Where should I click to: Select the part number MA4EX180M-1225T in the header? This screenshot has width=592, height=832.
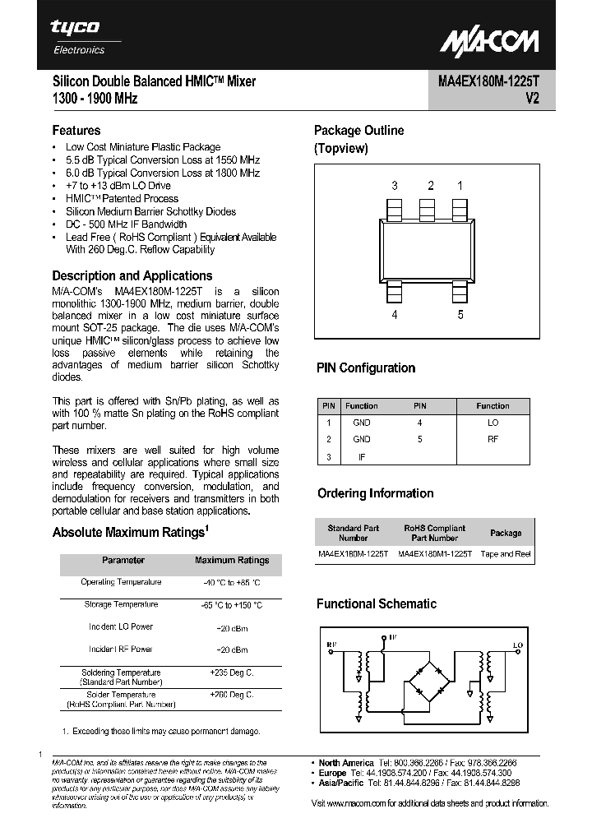(483, 81)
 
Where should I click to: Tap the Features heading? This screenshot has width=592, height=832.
(76, 131)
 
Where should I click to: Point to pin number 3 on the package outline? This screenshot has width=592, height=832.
(395, 186)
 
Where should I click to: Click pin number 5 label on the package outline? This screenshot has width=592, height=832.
(460, 314)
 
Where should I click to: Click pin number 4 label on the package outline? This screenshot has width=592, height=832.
(395, 314)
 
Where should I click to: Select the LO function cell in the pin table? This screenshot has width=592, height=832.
(493, 423)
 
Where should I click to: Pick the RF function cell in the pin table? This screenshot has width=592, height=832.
(493, 439)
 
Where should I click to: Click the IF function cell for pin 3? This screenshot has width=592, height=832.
(362, 456)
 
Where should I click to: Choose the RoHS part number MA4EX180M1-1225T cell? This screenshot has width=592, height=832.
(435, 554)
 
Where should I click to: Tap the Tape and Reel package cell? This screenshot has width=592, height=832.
(506, 554)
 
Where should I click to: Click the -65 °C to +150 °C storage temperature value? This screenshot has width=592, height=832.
(232, 605)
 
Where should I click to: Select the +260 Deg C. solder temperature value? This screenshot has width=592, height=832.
(232, 695)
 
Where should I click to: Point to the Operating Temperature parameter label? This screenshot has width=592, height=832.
(121, 582)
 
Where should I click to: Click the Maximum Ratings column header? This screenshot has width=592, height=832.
(232, 561)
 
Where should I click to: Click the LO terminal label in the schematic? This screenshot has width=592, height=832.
(517, 645)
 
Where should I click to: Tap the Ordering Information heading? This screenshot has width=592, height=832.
(375, 494)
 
